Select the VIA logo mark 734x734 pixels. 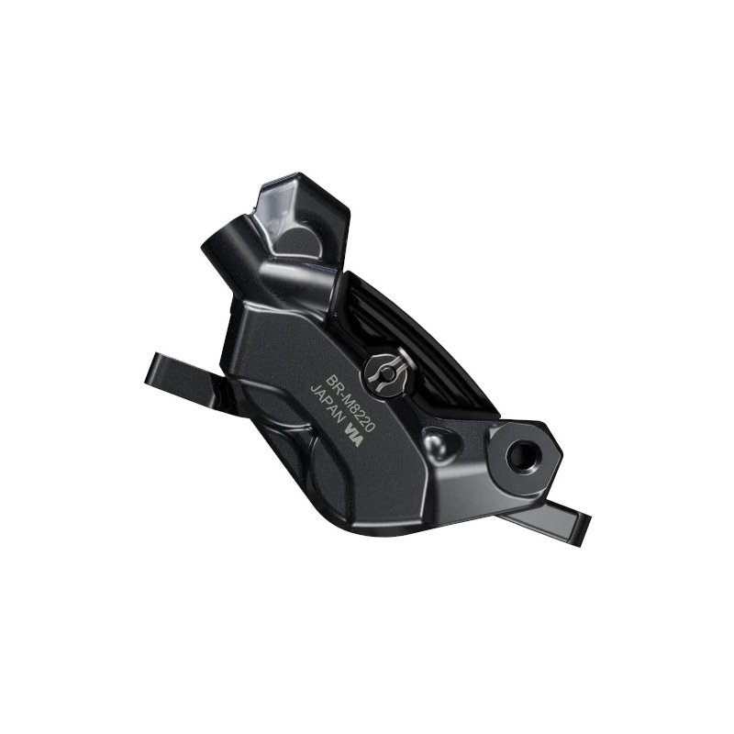(x=353, y=435)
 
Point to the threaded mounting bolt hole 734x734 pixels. (x=523, y=454)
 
